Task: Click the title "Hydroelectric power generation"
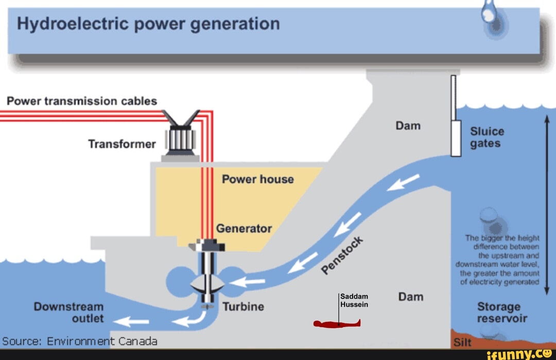pyautogui.click(x=148, y=24)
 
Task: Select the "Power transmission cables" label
pyautogui.click(x=82, y=101)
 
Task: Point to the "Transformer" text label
pyautogui.click(x=121, y=144)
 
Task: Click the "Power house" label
pyautogui.click(x=257, y=179)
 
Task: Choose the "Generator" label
pyautogui.click(x=244, y=228)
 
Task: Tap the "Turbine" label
pyautogui.click(x=243, y=307)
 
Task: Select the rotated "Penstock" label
pyautogui.click(x=342, y=254)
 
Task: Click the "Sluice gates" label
pyautogui.click(x=487, y=137)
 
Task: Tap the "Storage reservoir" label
pyautogui.click(x=502, y=312)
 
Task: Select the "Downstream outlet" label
pyautogui.click(x=69, y=313)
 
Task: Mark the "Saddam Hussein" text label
pyautogui.click(x=355, y=300)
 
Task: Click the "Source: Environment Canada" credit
pyautogui.click(x=80, y=341)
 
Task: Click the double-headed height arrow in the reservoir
pyautogui.click(x=547, y=204)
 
